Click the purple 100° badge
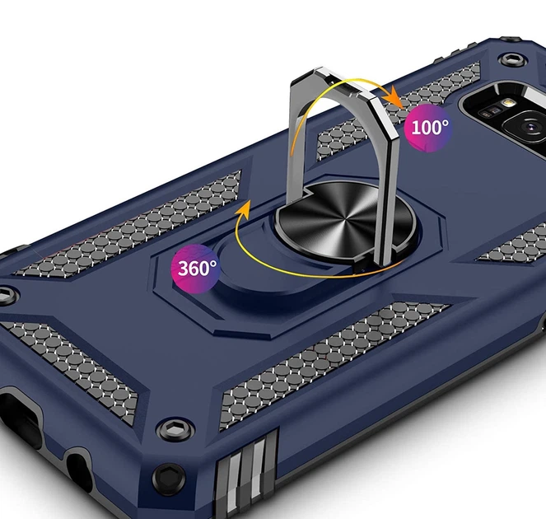coord(428,128)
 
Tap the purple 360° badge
coord(195,269)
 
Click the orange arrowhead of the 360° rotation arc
coord(245,210)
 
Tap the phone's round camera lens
coord(529,126)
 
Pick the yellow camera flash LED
coord(509,102)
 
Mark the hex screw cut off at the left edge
coord(7,296)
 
